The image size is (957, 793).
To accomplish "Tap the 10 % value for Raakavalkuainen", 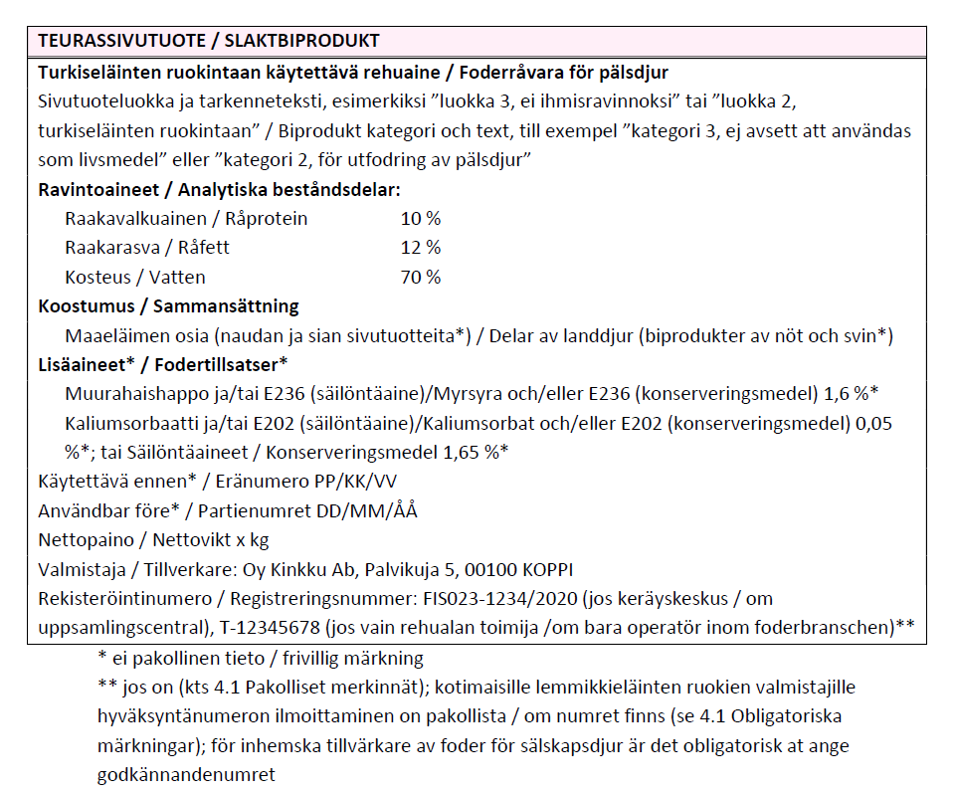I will click(420, 218).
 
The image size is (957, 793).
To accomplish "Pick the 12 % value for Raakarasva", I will click(420, 247).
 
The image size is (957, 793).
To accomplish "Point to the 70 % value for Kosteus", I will click(420, 277).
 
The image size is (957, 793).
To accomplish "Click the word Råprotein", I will click(267, 218).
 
